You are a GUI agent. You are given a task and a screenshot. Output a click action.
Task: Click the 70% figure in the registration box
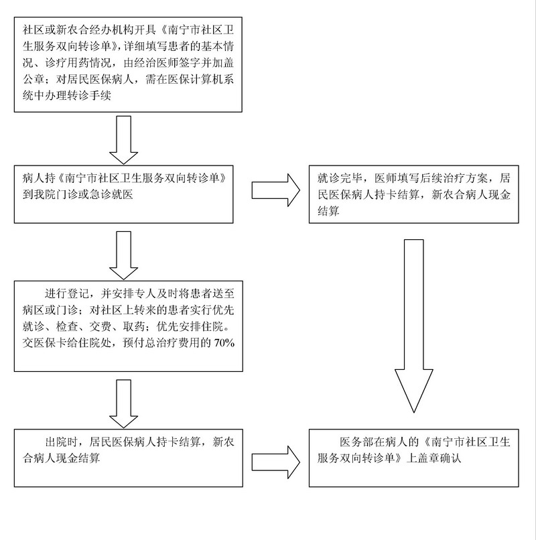[224, 343]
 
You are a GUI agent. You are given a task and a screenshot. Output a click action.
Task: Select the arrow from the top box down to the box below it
[123, 140]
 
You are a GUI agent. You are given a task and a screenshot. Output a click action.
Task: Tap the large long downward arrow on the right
[413, 326]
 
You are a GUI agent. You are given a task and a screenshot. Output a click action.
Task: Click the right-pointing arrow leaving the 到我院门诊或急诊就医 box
[275, 190]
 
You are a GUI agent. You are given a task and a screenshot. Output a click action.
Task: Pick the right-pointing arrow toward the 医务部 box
[275, 462]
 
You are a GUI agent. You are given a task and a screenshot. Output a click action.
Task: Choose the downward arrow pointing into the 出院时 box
[123, 403]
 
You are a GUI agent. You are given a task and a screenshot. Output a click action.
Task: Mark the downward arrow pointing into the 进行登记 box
[123, 255]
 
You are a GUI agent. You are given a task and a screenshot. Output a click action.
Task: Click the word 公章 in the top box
[33, 79]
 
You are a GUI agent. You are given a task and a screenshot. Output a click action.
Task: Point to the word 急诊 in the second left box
[100, 194]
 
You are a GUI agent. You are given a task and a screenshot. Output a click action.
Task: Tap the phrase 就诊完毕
[339, 178]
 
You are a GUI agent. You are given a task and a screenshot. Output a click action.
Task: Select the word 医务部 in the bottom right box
[356, 442]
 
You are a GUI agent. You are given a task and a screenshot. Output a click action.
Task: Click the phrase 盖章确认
[439, 458]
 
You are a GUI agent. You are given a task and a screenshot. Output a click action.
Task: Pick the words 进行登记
[67, 293]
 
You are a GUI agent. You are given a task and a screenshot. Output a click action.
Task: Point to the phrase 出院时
[62, 442]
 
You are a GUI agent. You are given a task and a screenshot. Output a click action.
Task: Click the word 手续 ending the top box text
[100, 96]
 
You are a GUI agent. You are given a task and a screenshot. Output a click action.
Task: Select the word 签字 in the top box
[188, 63]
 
